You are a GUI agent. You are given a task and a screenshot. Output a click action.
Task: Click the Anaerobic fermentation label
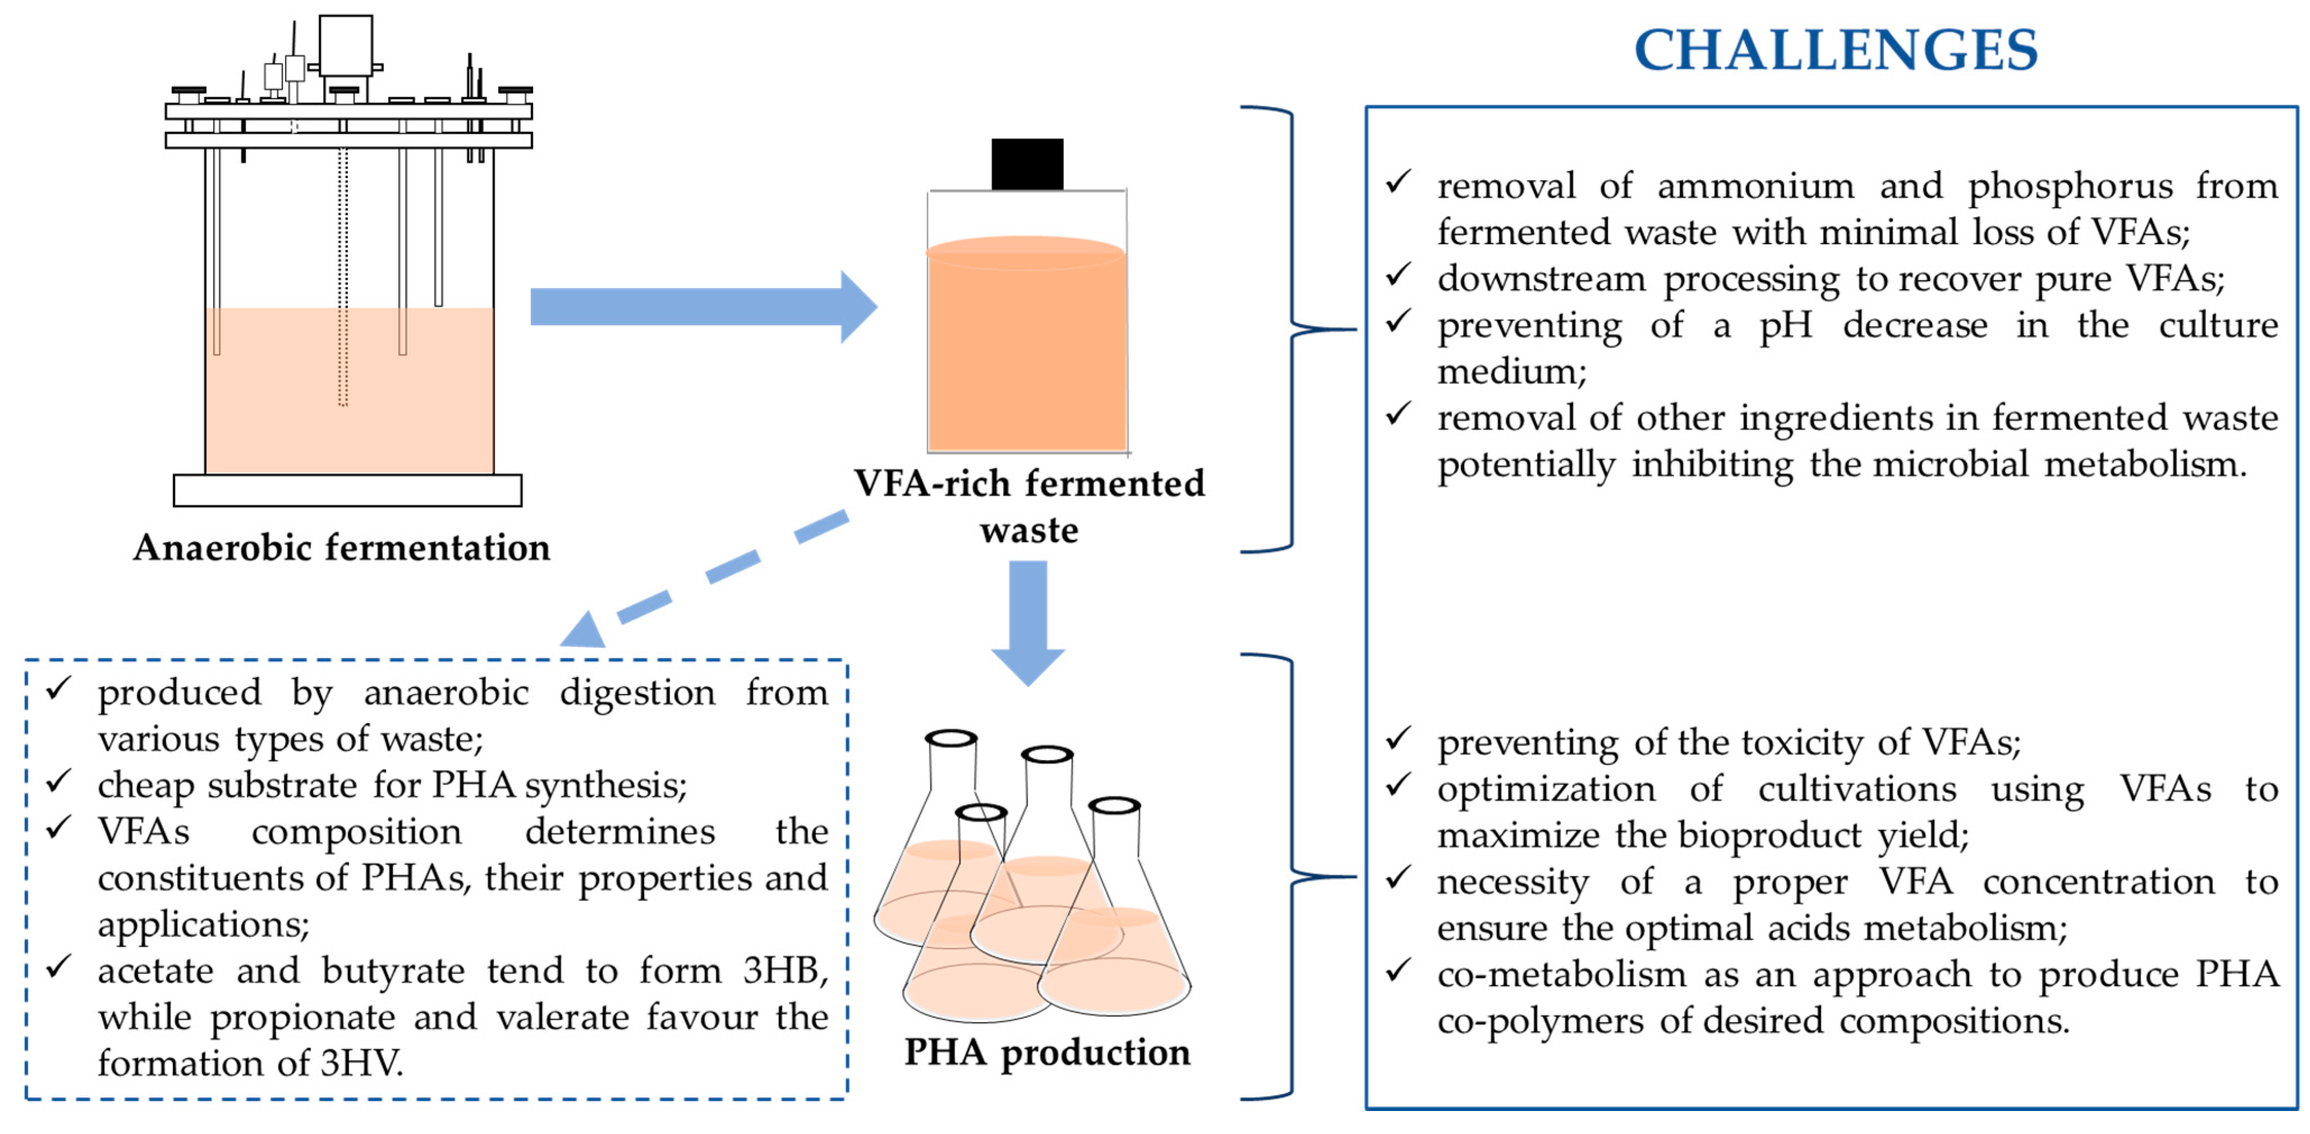click(x=342, y=547)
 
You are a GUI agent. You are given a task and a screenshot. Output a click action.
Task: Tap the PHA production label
click(x=1047, y=1051)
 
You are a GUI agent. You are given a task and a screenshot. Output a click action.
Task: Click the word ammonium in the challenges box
click(x=1755, y=186)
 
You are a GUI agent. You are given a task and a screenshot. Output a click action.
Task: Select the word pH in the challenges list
click(x=1786, y=325)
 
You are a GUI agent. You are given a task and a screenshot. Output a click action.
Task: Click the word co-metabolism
click(x=1561, y=975)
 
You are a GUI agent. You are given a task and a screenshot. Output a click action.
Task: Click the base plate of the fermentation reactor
click(x=347, y=491)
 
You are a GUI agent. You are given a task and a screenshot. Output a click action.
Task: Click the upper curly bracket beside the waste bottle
click(x=1291, y=330)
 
